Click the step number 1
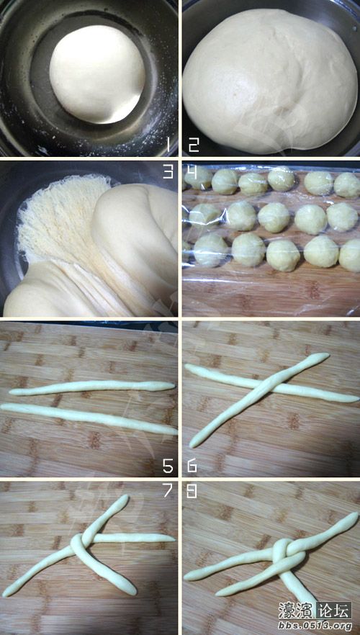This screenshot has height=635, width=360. pyautogui.click(x=168, y=145)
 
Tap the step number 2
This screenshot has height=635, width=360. pyautogui.click(x=194, y=145)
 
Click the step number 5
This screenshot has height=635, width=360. pyautogui.click(x=168, y=466)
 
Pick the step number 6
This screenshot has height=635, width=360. pyautogui.click(x=192, y=466)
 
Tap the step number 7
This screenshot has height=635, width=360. pyautogui.click(x=168, y=490)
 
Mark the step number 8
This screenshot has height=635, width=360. pyautogui.click(x=192, y=490)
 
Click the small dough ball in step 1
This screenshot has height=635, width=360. pyautogui.click(x=97, y=74)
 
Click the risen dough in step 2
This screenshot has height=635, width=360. pyautogui.click(x=269, y=81)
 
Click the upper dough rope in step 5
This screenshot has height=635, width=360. pyautogui.click(x=92, y=387)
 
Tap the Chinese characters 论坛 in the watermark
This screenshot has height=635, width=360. pyautogui.click(x=335, y=611)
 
